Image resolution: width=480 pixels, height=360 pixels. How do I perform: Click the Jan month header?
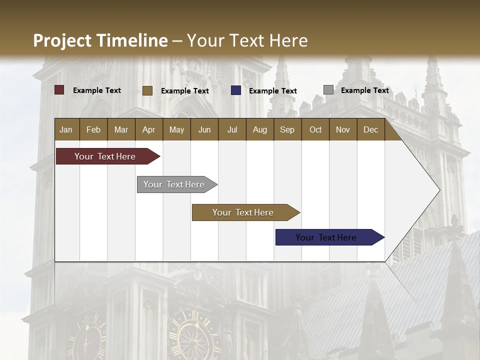pyautogui.click(x=66, y=129)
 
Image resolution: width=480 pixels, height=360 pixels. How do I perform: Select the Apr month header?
pyautogui.click(x=148, y=129)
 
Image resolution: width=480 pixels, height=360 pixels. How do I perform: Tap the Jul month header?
pyautogui.click(x=232, y=129)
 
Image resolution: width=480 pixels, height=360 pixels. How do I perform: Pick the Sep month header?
pyautogui.click(x=287, y=129)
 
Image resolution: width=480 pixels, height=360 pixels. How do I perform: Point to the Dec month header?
pyautogui.click(x=370, y=129)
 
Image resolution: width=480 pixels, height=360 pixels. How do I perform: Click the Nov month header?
pyautogui.click(x=342, y=129)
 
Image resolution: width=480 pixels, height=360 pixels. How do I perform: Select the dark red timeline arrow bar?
pyautogui.click(x=105, y=156)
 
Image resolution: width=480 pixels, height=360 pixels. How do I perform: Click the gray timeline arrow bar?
pyautogui.click(x=174, y=184)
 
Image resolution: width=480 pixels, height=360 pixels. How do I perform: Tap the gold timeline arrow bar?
pyautogui.click(x=243, y=212)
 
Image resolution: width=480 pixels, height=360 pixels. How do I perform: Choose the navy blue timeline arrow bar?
pyautogui.click(x=326, y=237)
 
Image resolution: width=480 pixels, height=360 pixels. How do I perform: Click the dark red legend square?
pyautogui.click(x=59, y=90)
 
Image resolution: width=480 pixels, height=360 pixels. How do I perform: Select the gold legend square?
pyautogui.click(x=147, y=90)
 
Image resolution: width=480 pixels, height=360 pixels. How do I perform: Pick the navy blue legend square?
pyautogui.click(x=236, y=90)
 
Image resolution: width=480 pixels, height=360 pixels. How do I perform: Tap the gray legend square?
pyautogui.click(x=328, y=90)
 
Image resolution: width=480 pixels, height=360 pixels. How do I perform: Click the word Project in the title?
pyautogui.click(x=62, y=40)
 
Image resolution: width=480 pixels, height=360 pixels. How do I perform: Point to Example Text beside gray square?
pyautogui.click(x=364, y=90)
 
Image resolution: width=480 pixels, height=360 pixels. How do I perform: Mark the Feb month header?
pyautogui.click(x=93, y=129)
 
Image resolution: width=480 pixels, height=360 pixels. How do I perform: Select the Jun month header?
pyautogui.click(x=204, y=129)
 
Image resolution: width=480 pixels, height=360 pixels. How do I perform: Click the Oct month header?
pyautogui.click(x=315, y=129)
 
